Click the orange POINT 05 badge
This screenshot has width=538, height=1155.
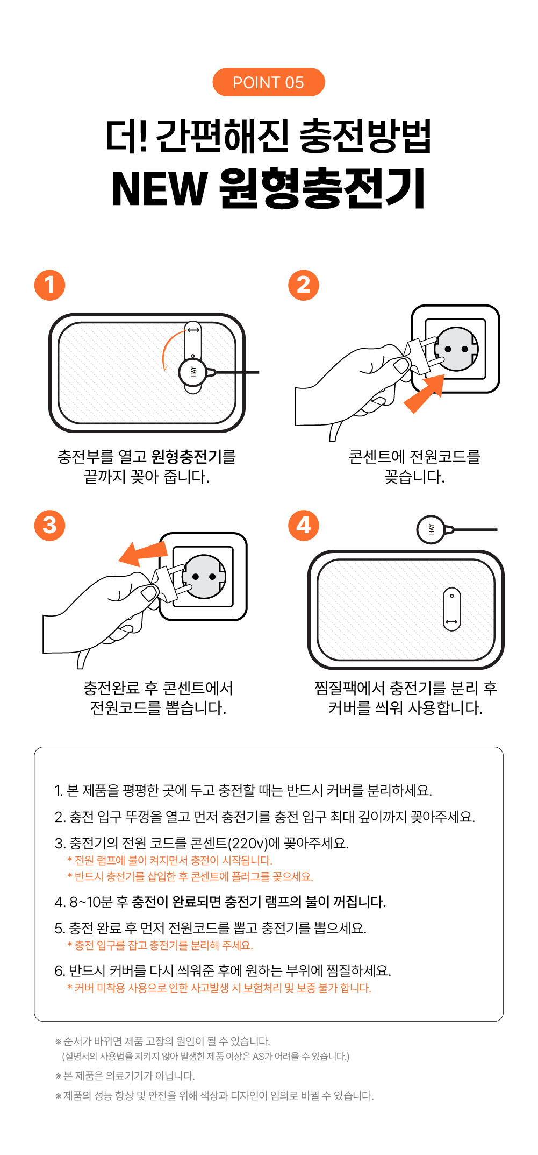tap(268, 82)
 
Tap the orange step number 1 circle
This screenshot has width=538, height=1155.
tap(49, 285)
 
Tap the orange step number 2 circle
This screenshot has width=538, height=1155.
tap(304, 285)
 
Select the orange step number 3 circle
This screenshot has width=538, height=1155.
tap(49, 525)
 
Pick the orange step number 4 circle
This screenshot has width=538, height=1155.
tap(304, 525)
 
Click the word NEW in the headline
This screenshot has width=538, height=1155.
tap(159, 188)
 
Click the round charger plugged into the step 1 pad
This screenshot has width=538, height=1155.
tap(193, 372)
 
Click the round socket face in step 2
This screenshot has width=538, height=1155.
tap(456, 349)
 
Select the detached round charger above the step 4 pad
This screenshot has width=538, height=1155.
tap(431, 529)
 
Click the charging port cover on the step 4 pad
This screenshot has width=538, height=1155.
tap(451, 609)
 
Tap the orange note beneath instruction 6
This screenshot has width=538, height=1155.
tap(219, 988)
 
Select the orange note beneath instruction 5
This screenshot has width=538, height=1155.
tap(160, 945)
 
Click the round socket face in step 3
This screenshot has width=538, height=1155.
tap(204, 577)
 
